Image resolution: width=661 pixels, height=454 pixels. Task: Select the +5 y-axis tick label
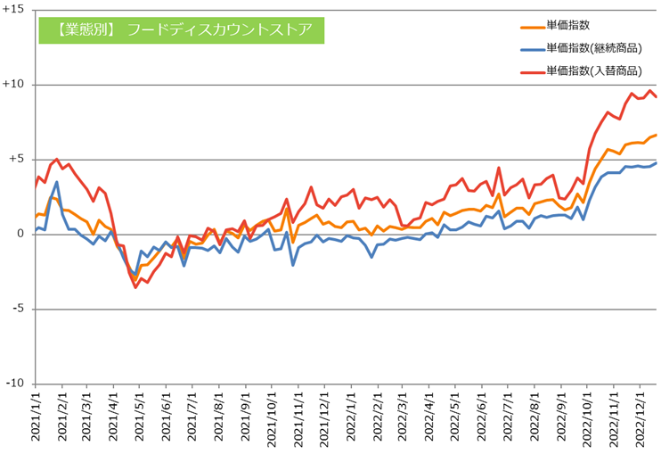click(x=16, y=160)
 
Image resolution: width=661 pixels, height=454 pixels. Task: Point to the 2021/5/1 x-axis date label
click(x=138, y=419)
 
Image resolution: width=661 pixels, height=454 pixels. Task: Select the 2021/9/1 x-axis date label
click(x=244, y=419)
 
